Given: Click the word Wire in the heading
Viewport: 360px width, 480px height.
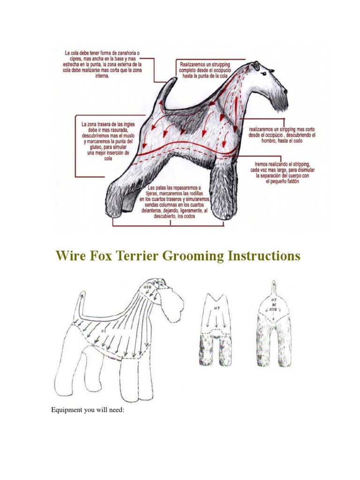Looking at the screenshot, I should (x=71, y=256).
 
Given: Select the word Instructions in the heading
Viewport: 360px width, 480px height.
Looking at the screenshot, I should (x=263, y=256).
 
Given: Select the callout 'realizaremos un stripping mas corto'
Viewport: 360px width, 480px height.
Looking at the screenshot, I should (x=282, y=135).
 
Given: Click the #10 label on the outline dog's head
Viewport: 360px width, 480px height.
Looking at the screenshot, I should (x=148, y=287).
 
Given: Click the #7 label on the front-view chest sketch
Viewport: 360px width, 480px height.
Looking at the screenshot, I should (x=217, y=308).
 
